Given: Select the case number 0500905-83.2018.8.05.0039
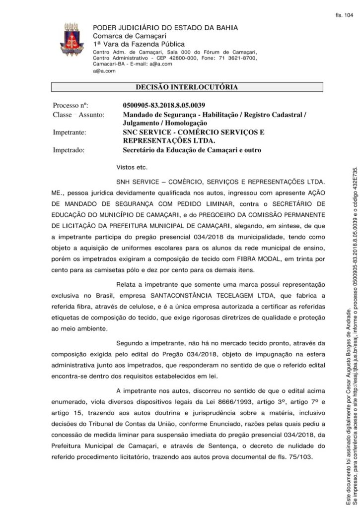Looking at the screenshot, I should (164, 106).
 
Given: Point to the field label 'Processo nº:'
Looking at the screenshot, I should (70, 106).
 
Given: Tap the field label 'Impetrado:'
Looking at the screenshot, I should (69, 150).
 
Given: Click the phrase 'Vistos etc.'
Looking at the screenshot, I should (132, 167).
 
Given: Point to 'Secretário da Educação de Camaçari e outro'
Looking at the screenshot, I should (192, 150).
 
